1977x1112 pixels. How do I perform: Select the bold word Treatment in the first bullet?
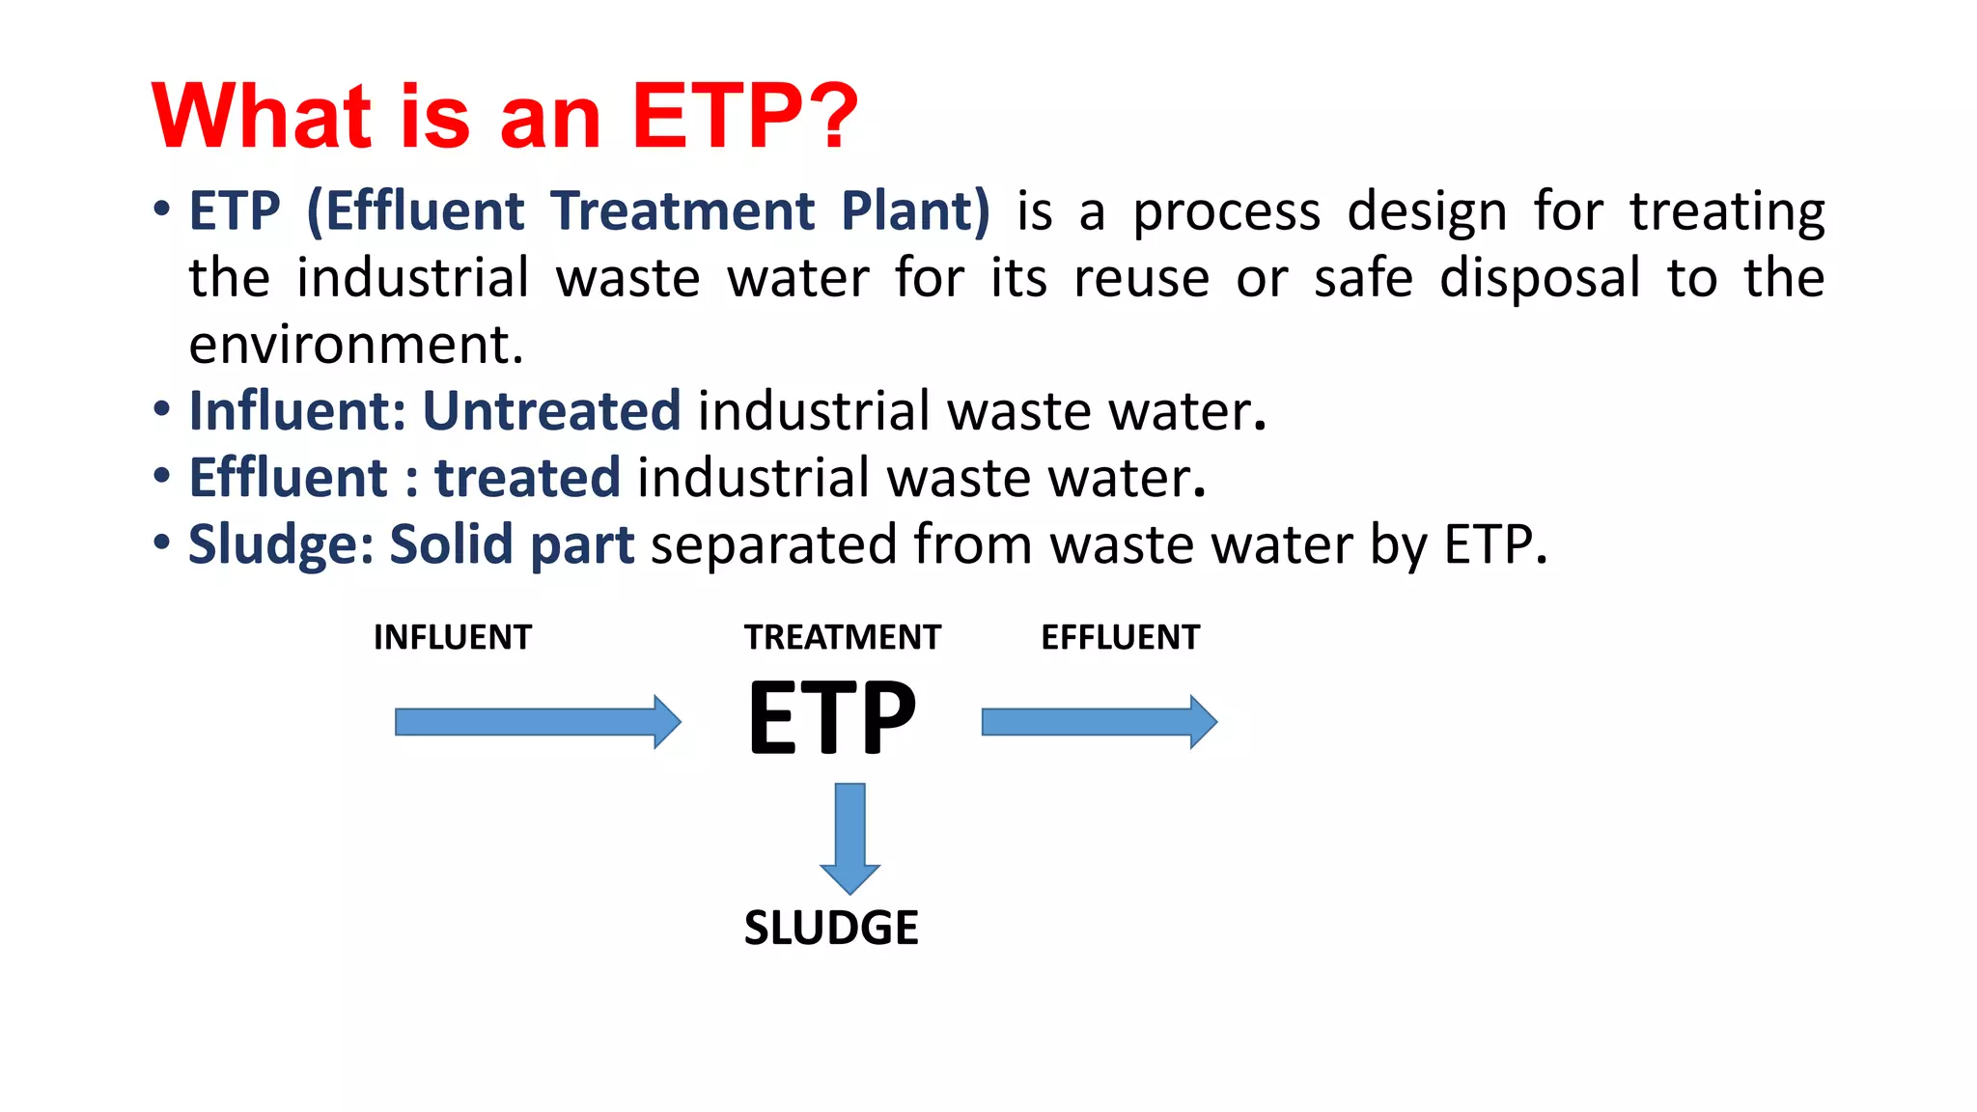[x=682, y=210]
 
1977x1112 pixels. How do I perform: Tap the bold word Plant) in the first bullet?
[x=915, y=210]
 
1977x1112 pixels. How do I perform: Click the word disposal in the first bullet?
[x=1539, y=278]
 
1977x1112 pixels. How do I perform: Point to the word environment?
[x=355, y=346]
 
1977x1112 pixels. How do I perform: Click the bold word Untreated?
[x=551, y=411]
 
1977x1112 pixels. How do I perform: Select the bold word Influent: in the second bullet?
[x=297, y=411]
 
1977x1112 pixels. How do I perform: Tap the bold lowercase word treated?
[x=527, y=478]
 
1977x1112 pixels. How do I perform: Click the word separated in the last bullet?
[x=774, y=545]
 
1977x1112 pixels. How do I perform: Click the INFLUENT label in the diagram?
[x=452, y=637]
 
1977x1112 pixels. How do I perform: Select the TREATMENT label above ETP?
[x=842, y=637]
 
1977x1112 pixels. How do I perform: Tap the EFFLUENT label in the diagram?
[x=1120, y=637]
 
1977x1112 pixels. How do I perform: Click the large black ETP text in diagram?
[x=832, y=718]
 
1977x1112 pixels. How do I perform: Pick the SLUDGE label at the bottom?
[x=831, y=928]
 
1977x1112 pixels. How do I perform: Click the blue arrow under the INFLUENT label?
[x=537, y=722]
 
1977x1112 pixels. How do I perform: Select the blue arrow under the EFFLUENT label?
[x=1099, y=722]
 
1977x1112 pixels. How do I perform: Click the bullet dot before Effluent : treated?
[x=162, y=476]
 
